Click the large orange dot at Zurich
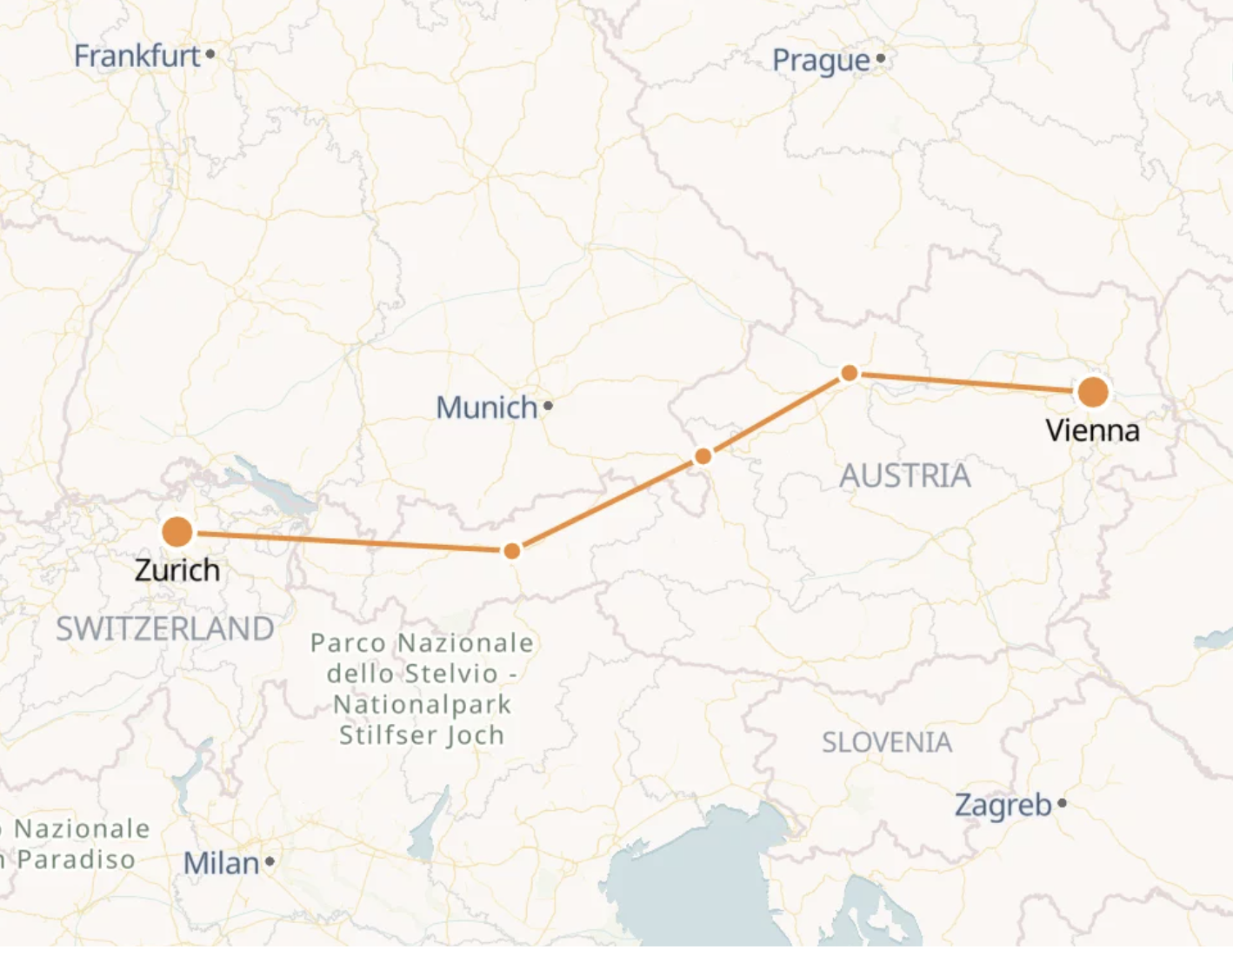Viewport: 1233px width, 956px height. (x=177, y=532)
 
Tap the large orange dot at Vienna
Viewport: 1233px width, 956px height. (x=1093, y=392)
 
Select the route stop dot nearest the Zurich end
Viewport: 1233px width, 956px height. (x=512, y=551)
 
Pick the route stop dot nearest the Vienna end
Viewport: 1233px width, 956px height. (x=850, y=374)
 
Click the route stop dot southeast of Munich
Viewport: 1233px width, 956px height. (x=703, y=456)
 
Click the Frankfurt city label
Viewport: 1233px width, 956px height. (x=137, y=56)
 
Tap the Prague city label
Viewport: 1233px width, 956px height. (x=821, y=61)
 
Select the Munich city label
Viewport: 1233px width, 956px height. (x=487, y=408)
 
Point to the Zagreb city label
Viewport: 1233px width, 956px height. (x=1003, y=806)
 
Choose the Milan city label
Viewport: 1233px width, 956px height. (x=221, y=863)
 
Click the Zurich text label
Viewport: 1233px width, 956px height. (x=177, y=570)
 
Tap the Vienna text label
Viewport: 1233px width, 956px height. (x=1092, y=430)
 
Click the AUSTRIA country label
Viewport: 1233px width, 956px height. (x=904, y=476)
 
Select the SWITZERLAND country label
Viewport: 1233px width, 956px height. (x=165, y=629)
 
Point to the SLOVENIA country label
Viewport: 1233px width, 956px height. (x=887, y=742)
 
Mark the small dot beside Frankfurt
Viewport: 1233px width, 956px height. (x=210, y=55)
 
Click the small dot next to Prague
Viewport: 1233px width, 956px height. (x=881, y=58)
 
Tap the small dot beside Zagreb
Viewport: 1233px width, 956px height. (x=1062, y=804)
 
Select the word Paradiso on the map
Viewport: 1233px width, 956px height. (x=77, y=860)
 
